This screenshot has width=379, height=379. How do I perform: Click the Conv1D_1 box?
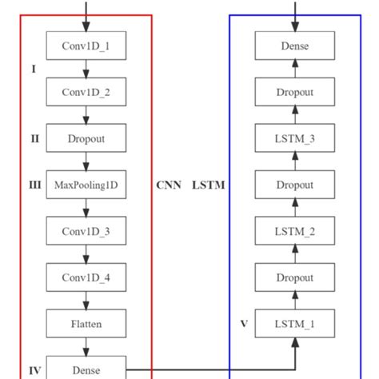coord(86,46)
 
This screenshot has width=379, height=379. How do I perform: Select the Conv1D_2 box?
coord(86,92)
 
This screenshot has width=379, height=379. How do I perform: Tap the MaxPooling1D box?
coord(86,185)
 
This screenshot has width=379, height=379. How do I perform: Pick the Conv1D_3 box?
coord(86,231)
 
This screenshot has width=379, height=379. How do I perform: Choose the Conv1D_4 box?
coord(86,277)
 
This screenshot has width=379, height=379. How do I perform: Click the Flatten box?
coord(86,324)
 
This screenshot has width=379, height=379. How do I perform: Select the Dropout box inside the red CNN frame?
coord(86,138)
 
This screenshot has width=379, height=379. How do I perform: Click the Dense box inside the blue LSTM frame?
coord(295,46)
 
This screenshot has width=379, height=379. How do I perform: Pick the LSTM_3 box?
coord(295,138)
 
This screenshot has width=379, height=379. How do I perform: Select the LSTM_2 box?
coord(295,231)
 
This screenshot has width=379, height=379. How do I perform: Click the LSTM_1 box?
coord(295,324)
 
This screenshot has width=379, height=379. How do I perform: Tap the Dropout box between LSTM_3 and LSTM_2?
coord(295,185)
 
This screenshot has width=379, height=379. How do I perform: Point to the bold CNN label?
coord(169,186)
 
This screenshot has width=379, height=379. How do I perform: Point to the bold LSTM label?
coord(209,186)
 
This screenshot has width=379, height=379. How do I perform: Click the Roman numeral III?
coord(34,185)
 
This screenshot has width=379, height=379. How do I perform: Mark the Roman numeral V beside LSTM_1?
coord(244,324)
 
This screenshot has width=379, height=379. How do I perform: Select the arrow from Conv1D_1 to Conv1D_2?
coord(86,69)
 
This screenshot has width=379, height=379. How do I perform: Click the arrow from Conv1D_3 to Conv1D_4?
coord(86,254)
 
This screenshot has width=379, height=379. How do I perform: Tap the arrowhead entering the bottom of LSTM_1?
coord(295,343)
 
